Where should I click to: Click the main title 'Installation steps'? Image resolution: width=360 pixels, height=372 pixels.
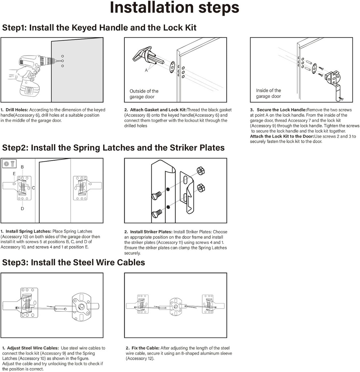[175, 8]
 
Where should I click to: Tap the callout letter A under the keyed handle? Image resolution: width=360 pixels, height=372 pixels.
[147, 70]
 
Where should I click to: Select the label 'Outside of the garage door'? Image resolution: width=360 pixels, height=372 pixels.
[144, 94]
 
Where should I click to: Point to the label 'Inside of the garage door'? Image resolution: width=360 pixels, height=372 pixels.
[268, 93]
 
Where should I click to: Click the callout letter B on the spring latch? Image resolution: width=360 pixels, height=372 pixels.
[22, 167]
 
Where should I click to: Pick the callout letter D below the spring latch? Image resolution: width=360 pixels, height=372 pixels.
[22, 209]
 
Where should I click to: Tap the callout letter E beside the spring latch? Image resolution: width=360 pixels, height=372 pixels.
[14, 174]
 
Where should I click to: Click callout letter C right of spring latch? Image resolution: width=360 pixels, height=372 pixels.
[33, 188]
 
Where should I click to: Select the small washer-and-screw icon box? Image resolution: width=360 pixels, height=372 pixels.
[9, 164]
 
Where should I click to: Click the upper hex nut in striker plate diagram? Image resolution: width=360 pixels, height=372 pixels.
[200, 171]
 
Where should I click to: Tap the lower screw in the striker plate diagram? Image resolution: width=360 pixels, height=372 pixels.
[156, 214]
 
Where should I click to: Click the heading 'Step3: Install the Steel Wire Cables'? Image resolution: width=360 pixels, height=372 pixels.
[73, 262]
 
